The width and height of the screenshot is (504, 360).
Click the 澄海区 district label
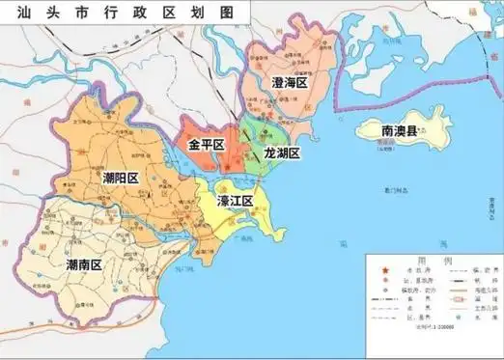coord(289,84)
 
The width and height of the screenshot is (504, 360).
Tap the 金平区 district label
coord(206,145)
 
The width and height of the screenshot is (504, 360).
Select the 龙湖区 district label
coord(282,153)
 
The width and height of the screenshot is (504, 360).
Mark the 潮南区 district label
coord(84,263)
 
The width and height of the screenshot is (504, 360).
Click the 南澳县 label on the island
coord(400,130)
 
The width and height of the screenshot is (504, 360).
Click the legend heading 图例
coord(430,260)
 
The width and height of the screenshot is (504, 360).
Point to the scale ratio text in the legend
coord(432,329)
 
